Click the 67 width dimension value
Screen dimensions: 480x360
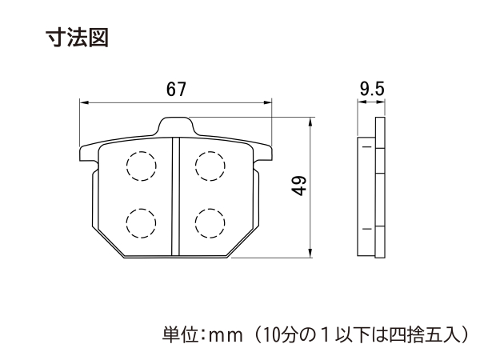[x=176, y=89]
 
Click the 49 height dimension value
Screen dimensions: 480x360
[x=298, y=186]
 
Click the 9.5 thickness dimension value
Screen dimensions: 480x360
[x=372, y=89]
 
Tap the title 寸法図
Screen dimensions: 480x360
[x=77, y=38]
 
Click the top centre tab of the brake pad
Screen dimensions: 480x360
[x=176, y=126]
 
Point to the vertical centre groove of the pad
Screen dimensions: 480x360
[x=175, y=197]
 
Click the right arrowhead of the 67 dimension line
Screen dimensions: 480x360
[x=267, y=103]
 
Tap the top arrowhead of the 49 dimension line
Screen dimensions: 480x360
[x=310, y=122]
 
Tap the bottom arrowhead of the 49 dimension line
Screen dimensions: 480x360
[x=310, y=253]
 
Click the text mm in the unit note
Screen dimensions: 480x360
[x=226, y=335]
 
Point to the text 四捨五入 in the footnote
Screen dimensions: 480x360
[x=425, y=334]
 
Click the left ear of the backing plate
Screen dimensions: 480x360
[x=89, y=154]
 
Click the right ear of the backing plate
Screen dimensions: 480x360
[x=262, y=153]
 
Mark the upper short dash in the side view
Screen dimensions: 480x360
[x=366, y=147]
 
